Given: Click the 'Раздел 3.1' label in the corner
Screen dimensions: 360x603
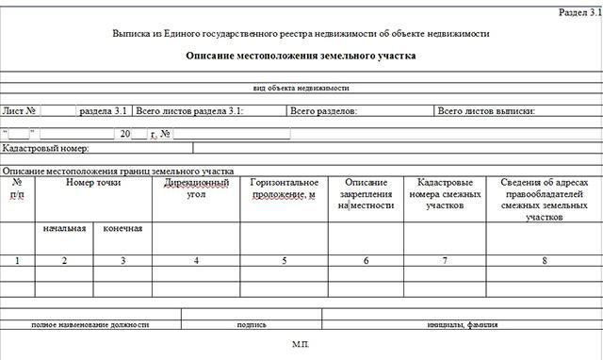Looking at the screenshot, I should [573, 14].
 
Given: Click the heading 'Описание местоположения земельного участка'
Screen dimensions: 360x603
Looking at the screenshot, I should [301, 56].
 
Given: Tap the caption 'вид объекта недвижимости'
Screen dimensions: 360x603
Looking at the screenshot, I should [301, 88].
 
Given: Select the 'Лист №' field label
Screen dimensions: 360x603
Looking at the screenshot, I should [20, 111].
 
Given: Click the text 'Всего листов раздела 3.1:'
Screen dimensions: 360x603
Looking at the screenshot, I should [190, 111].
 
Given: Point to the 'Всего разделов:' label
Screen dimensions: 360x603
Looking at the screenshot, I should [323, 111].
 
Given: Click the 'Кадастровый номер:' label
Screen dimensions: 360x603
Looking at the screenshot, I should [46, 149].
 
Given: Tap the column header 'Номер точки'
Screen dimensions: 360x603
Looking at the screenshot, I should [93, 182].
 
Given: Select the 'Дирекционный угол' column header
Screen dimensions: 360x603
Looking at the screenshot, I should [196, 188].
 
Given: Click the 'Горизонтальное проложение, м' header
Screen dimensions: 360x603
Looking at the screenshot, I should [285, 188].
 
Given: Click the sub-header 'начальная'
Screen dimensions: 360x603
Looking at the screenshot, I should [64, 228].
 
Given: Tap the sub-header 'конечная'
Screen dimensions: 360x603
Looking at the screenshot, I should [122, 228].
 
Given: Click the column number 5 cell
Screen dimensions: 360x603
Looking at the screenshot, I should [285, 260].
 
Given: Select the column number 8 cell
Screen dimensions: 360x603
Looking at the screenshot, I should [544, 260].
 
